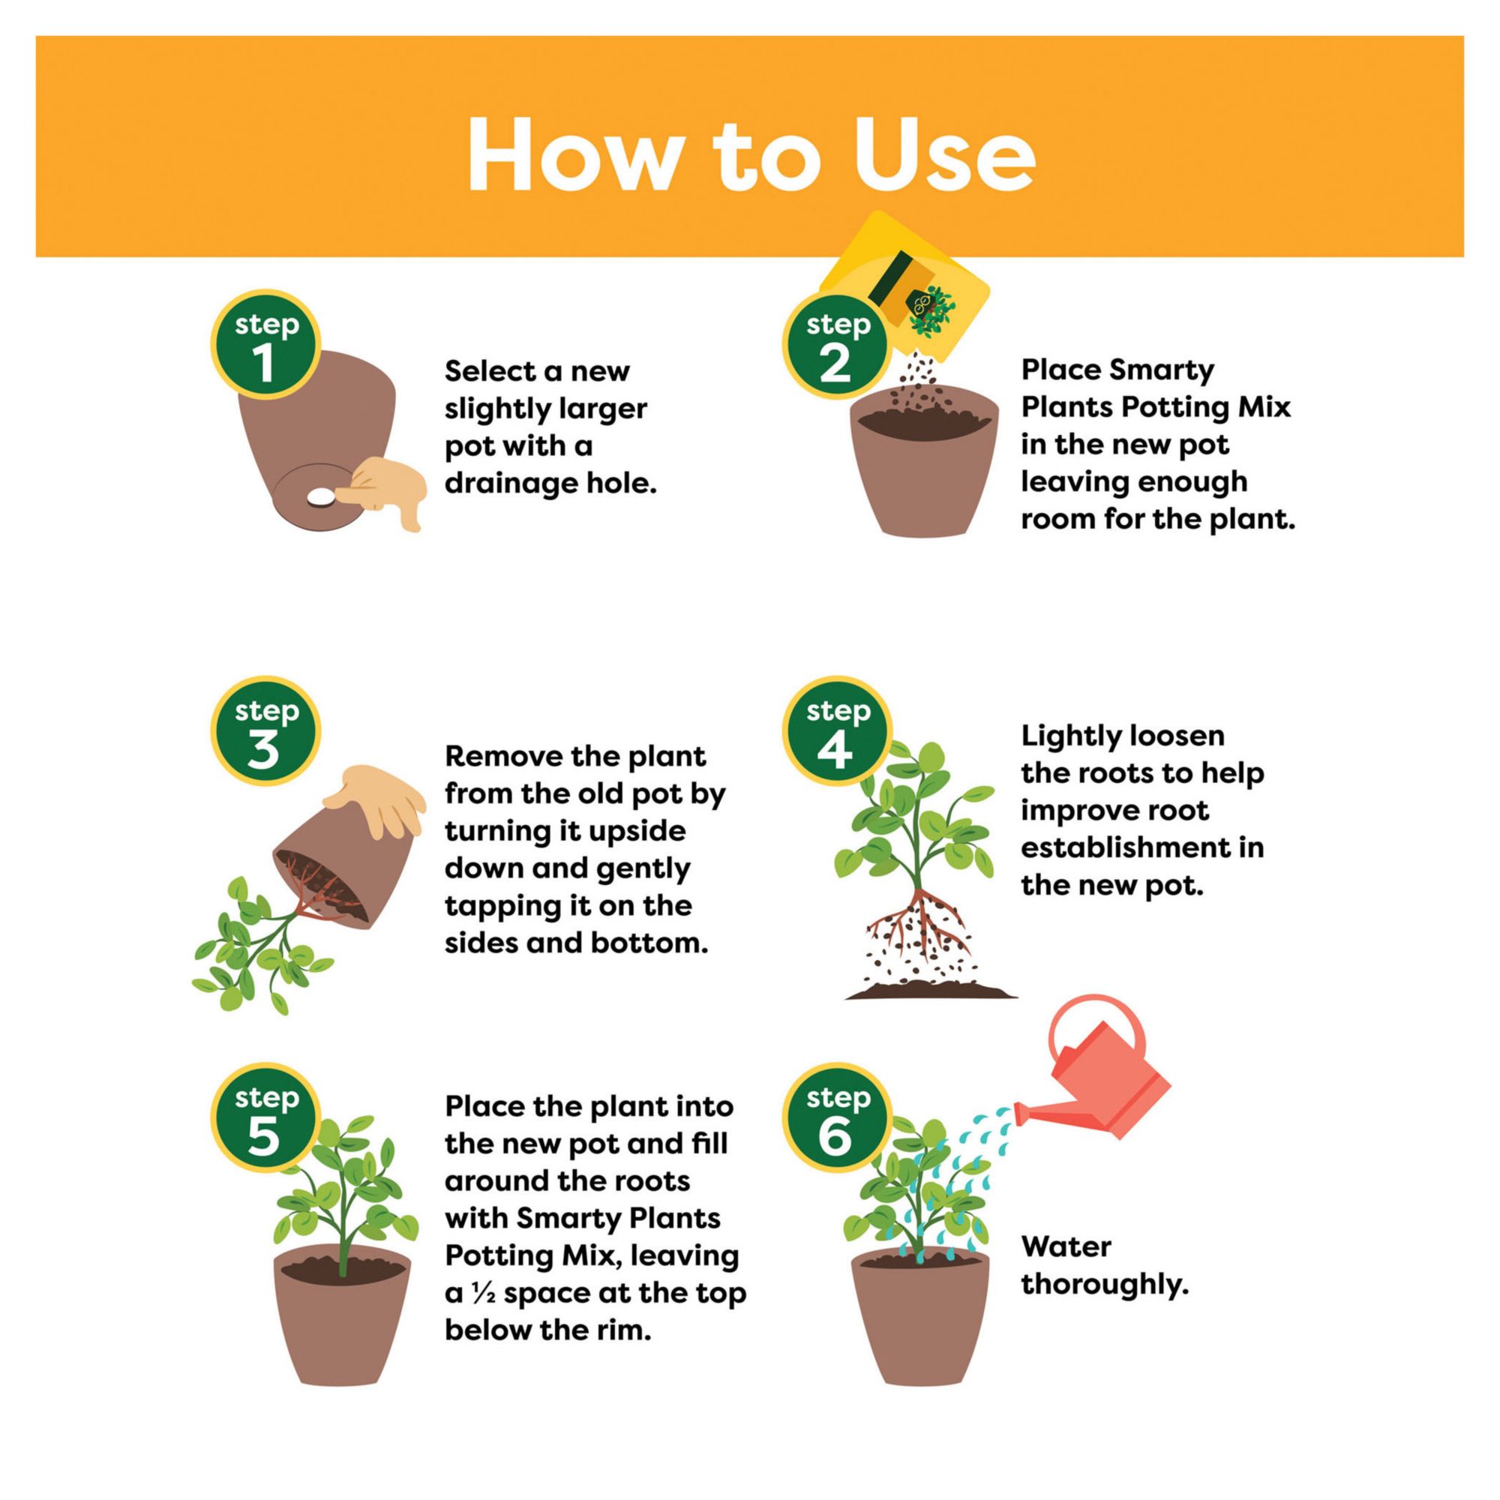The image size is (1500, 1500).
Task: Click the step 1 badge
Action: tap(265, 345)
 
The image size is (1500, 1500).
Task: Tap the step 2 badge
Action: tap(837, 345)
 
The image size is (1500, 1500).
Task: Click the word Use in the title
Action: tap(944, 154)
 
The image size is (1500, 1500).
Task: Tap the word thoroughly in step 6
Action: tap(1105, 1285)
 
